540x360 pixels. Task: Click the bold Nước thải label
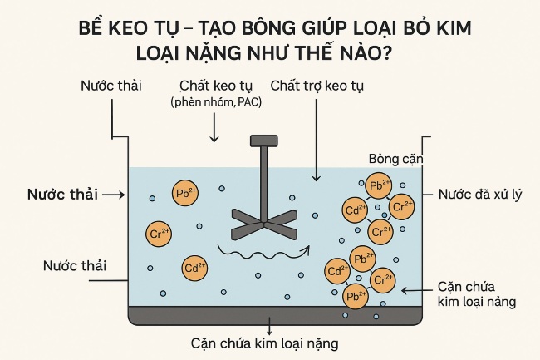[62, 194]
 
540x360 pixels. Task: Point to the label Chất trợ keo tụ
[317, 86]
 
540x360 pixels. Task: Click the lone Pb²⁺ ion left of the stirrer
[184, 192]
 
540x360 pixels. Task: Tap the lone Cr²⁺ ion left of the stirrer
[158, 232]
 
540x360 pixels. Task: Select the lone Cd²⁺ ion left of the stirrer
[194, 268]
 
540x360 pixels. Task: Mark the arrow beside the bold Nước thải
[115, 194]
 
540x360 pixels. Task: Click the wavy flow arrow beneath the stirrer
[262, 249]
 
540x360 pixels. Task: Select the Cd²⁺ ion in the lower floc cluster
[336, 271]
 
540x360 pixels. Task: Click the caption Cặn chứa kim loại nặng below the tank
[265, 342]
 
